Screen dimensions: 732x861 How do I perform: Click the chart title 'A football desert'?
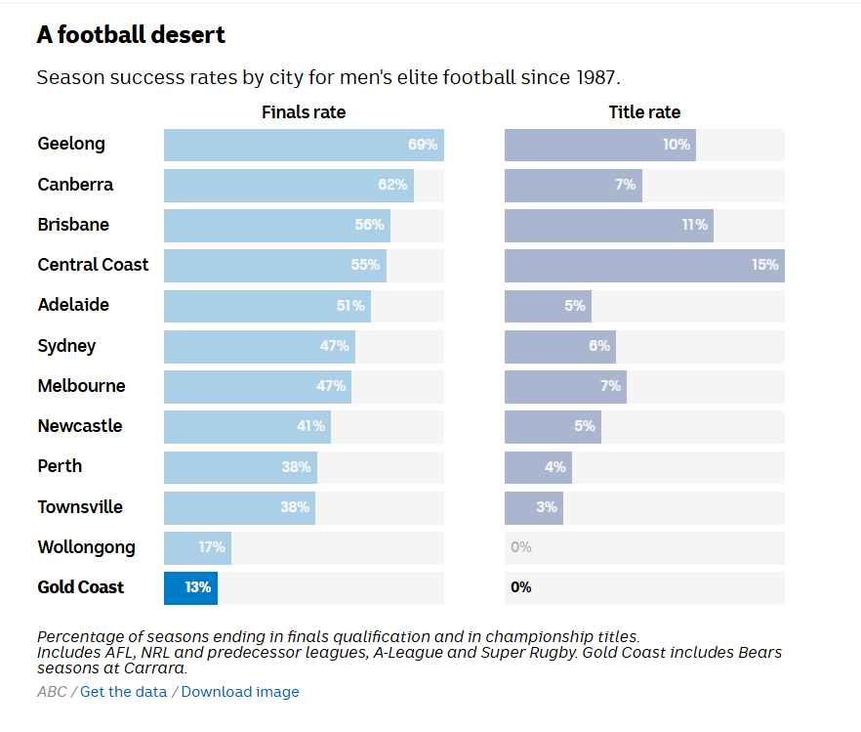click(x=131, y=35)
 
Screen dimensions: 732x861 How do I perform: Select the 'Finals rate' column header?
click(x=304, y=112)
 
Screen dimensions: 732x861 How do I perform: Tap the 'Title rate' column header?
click(x=644, y=112)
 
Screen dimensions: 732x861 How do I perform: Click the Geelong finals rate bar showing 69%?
click(x=304, y=145)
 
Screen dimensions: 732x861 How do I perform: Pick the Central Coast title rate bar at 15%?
click(x=644, y=265)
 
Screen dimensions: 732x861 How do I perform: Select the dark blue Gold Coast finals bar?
click(x=190, y=587)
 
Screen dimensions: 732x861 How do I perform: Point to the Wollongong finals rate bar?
click(x=197, y=547)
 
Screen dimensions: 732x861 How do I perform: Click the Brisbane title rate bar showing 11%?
click(x=608, y=225)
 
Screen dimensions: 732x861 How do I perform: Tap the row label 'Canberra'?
click(x=75, y=185)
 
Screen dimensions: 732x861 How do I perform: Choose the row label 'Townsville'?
click(x=80, y=507)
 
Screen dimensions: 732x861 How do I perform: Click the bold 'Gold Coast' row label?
click(x=81, y=587)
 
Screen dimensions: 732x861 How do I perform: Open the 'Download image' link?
click(x=240, y=692)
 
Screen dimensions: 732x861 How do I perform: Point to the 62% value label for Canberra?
click(x=392, y=185)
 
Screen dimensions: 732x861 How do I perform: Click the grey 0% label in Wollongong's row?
click(x=521, y=547)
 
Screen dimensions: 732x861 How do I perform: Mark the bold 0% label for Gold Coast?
click(x=521, y=587)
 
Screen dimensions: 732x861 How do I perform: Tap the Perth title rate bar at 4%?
click(x=538, y=467)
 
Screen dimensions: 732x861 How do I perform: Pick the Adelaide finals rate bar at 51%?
click(x=266, y=306)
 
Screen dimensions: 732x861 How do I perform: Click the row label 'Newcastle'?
click(x=80, y=426)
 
